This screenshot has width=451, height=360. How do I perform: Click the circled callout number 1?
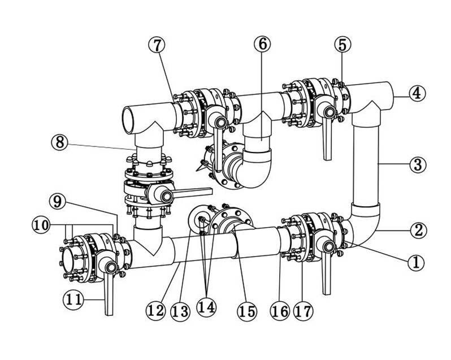pos(416,262)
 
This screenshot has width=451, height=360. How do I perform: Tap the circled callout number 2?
pos(417,230)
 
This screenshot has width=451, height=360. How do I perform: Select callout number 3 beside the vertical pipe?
pos(417,165)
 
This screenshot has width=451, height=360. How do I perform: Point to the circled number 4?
pos(416,93)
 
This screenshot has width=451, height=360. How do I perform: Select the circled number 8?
pos(59,142)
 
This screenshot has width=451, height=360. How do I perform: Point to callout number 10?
pos(41,224)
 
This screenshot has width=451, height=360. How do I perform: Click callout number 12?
pos(155,310)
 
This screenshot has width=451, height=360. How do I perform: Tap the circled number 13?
pos(180,310)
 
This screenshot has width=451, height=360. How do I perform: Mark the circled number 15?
pos(247,310)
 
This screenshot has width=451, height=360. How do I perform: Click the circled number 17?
pos(304,310)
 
